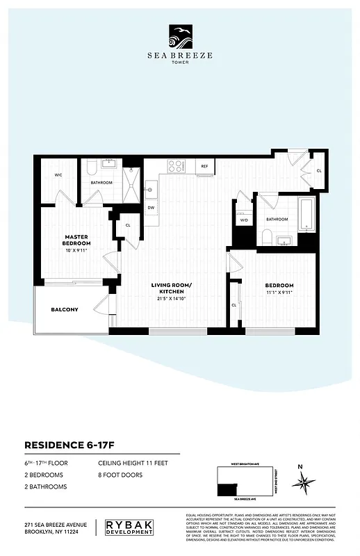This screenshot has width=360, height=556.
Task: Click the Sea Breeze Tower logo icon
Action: pos(180,35)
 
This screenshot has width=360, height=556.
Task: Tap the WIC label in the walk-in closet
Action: pos(58,175)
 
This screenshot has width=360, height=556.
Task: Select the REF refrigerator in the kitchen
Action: pos(205,167)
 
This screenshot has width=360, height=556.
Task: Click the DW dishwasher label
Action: pos(151,207)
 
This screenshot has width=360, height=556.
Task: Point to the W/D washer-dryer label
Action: pos(244,220)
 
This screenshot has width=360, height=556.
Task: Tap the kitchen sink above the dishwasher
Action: pos(151,188)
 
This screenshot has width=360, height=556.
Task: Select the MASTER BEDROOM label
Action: pos(76,240)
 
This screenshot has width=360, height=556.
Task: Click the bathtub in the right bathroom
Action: pos(306,215)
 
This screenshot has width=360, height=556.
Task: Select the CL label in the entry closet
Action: pos(319,170)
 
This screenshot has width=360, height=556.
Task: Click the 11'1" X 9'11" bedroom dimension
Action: pos(279,293)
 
